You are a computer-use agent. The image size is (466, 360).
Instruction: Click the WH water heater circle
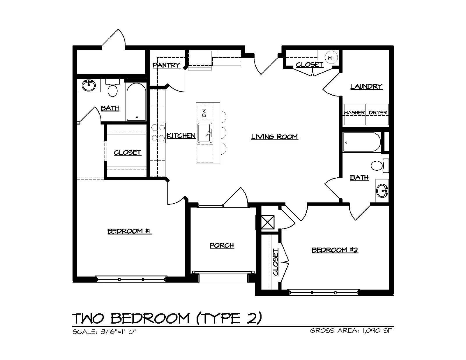coord(331,57)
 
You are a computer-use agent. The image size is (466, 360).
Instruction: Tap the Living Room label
coord(274,137)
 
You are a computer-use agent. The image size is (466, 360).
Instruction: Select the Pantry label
coord(166,65)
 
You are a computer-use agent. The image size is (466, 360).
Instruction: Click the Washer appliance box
coord(355,114)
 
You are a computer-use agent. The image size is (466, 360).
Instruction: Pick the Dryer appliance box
coord(378,114)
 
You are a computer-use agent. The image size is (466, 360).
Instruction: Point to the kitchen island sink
coord(205,133)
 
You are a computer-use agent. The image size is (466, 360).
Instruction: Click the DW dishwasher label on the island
coord(204,113)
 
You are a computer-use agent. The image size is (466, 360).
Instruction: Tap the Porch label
coord(222,245)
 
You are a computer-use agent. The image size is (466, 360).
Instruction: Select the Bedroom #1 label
coord(129,231)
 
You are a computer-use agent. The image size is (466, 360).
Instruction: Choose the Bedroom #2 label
coord(335,250)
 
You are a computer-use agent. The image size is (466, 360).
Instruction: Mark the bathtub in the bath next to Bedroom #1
coord(136,102)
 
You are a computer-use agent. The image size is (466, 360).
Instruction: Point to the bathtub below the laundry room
coord(362,142)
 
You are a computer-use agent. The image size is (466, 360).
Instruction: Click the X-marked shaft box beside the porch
coord(268,222)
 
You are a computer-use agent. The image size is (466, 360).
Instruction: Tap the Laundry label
coord(366,87)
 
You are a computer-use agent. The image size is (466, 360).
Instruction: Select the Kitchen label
coord(181,135)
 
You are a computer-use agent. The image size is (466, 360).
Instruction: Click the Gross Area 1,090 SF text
coord(351,330)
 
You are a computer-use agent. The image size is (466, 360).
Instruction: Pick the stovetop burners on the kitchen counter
coord(158,133)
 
